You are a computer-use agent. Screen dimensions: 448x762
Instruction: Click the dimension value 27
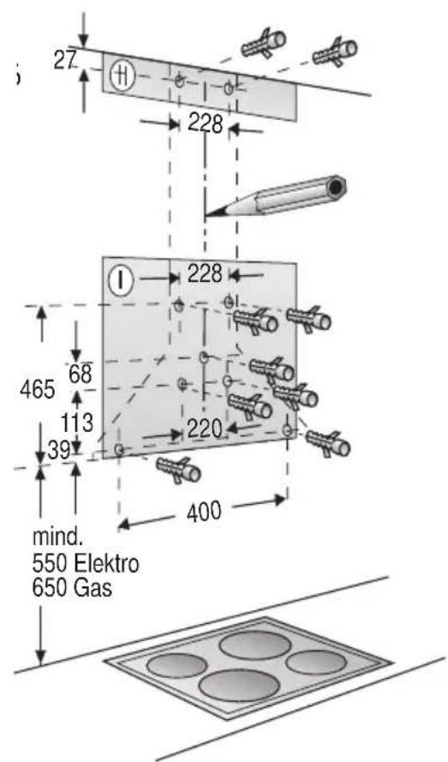tap(65, 61)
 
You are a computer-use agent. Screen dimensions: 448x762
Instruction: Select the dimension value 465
tap(38, 389)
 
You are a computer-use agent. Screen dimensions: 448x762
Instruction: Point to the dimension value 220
tap(205, 429)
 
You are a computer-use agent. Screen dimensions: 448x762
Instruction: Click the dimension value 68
tap(81, 374)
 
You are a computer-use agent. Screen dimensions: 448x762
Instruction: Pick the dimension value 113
tap(77, 423)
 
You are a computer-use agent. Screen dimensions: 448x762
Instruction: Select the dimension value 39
tap(58, 452)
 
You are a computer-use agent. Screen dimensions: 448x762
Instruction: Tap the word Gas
tap(93, 587)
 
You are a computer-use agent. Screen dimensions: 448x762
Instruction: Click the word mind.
tap(55, 537)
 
